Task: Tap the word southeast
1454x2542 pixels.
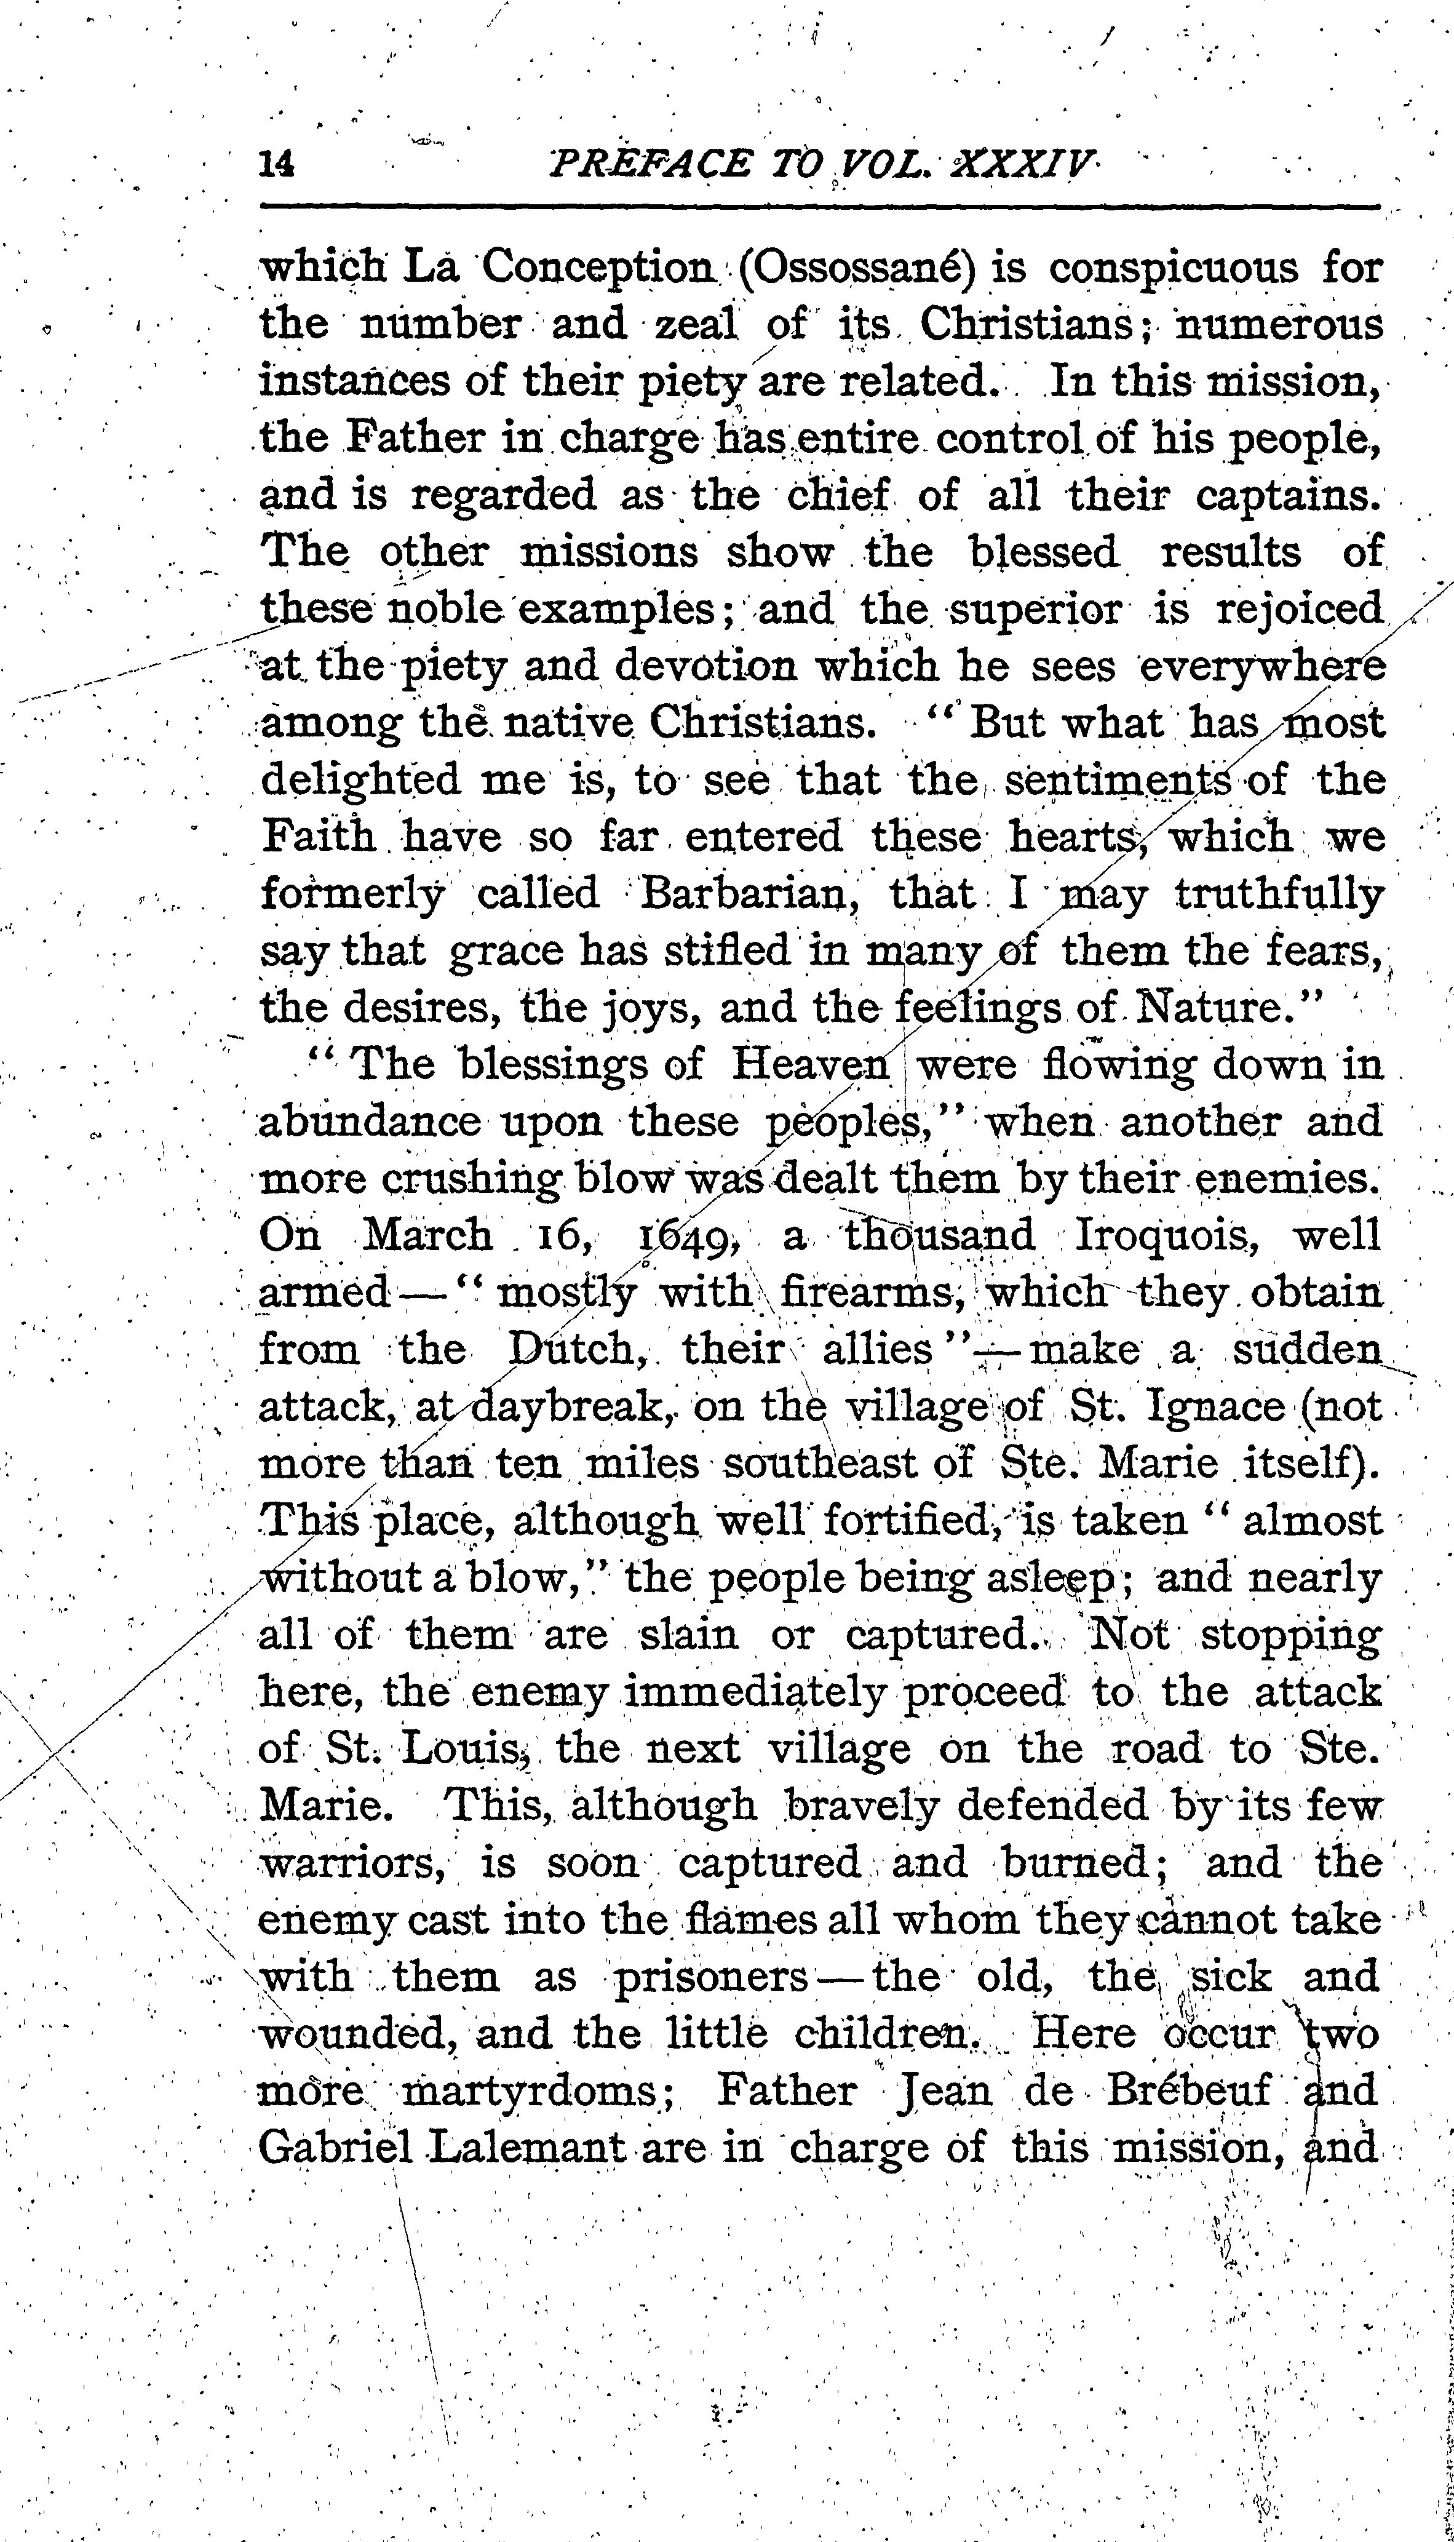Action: coord(816,1464)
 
